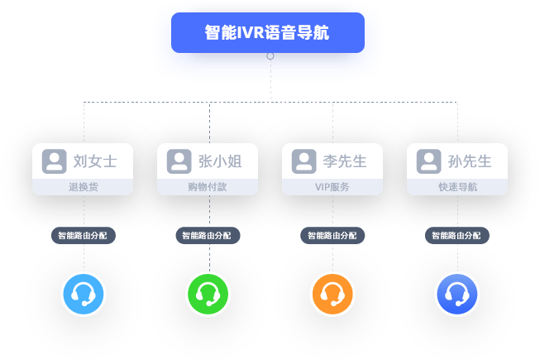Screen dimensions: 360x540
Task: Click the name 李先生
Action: pyautogui.click(x=345, y=161)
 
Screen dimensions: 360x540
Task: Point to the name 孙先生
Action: pyautogui.click(x=470, y=161)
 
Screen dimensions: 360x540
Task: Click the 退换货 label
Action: pyautogui.click(x=83, y=187)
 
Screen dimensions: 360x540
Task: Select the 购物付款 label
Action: pyautogui.click(x=208, y=187)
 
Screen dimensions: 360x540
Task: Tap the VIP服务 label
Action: pyautogui.click(x=332, y=187)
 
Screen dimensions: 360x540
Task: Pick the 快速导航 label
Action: pyautogui.click(x=457, y=187)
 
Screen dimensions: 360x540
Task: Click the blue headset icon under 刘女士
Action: pyautogui.click(x=84, y=294)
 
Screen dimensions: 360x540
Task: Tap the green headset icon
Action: pyautogui.click(x=208, y=294)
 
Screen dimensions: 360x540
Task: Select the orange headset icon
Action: pyautogui.click(x=332, y=294)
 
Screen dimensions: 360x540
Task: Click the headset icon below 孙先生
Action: pyautogui.click(x=457, y=294)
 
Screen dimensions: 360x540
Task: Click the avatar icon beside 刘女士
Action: pyautogui.click(x=55, y=161)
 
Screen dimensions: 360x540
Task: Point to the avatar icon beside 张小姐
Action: pyautogui.click(x=179, y=161)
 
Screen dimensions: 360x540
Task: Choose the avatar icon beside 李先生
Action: pyautogui.click(x=304, y=161)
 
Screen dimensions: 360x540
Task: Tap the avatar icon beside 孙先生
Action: pyautogui.click(x=428, y=161)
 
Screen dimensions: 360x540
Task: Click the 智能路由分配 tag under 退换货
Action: pyautogui.click(x=83, y=236)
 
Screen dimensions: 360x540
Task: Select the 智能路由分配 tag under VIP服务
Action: pyautogui.click(x=332, y=236)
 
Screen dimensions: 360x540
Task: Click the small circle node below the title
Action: pyautogui.click(x=270, y=55)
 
